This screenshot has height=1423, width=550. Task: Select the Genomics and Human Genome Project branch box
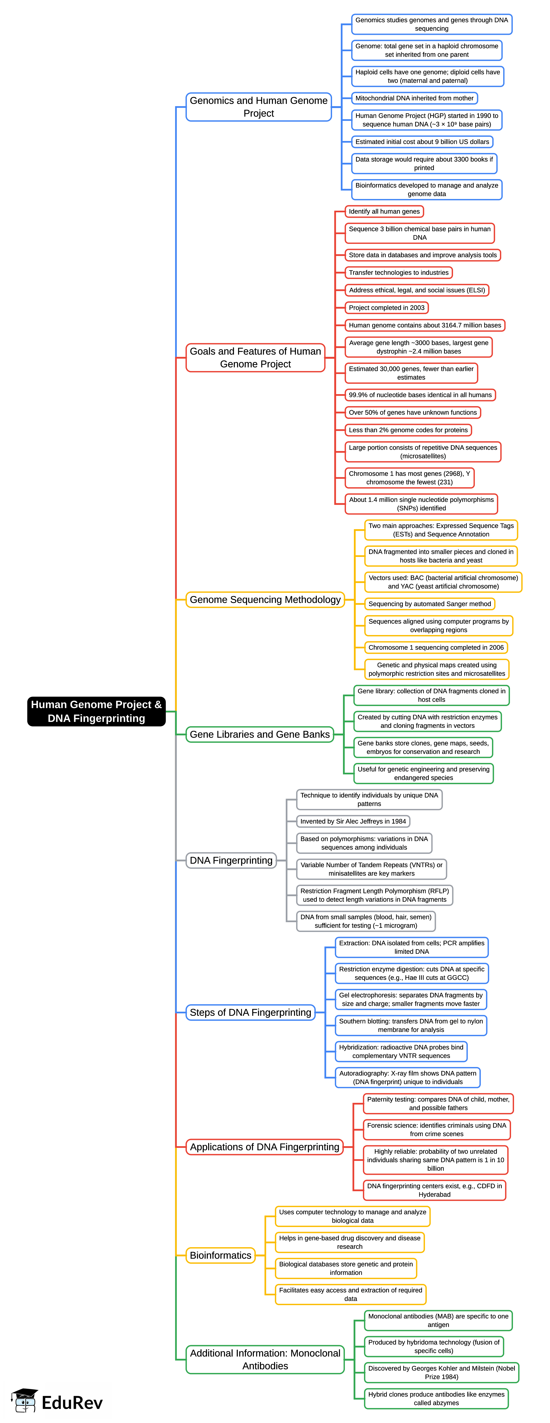click(259, 107)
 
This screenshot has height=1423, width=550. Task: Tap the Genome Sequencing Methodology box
click(265, 599)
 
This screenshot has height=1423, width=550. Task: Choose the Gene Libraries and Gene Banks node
click(260, 734)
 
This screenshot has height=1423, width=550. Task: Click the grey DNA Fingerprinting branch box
click(231, 860)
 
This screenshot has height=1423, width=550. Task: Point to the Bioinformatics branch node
click(221, 1255)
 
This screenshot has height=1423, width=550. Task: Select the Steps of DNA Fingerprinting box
click(250, 1012)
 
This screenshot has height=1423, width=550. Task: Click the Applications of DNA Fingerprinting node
click(264, 1147)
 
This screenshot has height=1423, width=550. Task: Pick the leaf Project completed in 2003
click(386, 308)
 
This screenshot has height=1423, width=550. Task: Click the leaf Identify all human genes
click(384, 211)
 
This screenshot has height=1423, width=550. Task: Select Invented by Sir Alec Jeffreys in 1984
click(353, 821)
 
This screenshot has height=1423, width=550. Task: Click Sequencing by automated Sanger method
click(430, 604)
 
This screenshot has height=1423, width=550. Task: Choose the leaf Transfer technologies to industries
click(399, 272)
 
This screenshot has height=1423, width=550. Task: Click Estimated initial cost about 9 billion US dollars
click(422, 142)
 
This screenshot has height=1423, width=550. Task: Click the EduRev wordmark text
click(72, 1402)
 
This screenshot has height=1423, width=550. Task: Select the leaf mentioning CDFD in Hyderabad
click(434, 1190)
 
